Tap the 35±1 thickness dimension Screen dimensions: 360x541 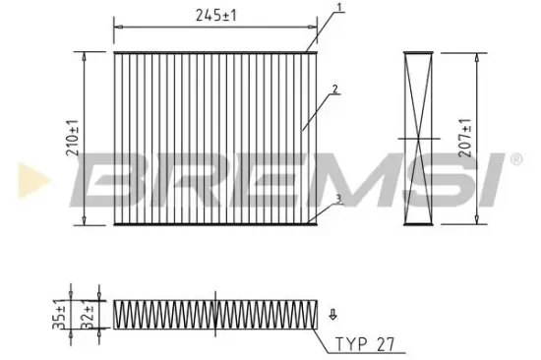coord(59,315)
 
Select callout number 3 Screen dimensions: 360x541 coord(337,200)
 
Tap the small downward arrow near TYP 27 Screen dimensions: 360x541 coord(332,315)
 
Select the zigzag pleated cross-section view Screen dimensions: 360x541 coord(215,314)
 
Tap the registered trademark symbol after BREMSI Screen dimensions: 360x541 coord(512,158)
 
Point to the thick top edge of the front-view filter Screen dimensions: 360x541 coord(215,50)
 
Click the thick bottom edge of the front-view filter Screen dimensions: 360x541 coord(215,224)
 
